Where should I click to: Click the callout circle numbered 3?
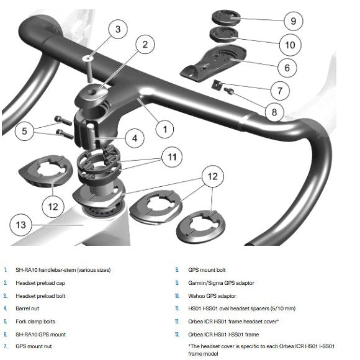tap(119, 29)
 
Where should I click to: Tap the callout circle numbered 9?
tap(292, 21)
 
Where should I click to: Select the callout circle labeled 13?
tap(20, 224)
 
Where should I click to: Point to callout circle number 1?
tap(164, 129)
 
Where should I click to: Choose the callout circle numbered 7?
tap(279, 91)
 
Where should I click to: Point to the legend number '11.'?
tap(177, 307)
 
